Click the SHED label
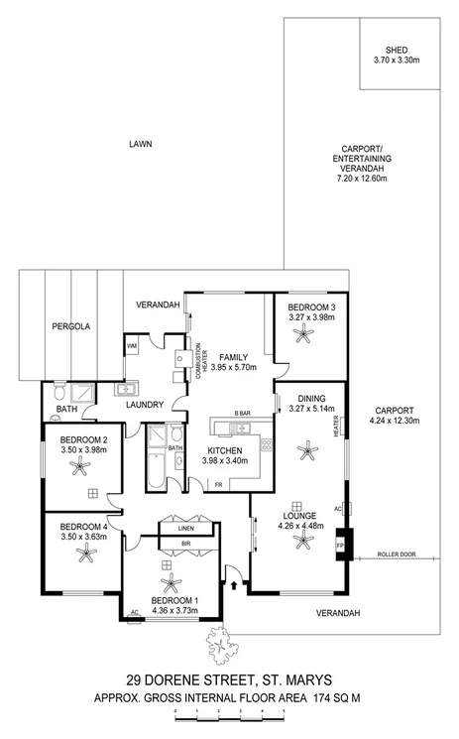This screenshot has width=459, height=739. (397, 50)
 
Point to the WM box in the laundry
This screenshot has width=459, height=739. (131, 345)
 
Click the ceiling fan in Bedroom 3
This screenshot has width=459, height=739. (310, 336)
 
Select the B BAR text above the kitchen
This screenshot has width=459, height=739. (241, 413)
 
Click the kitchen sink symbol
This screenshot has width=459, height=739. (238, 428)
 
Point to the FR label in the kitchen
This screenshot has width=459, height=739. (218, 484)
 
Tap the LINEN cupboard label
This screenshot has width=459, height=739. (185, 529)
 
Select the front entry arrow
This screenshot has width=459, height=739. (234, 586)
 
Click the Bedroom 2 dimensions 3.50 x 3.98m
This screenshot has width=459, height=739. (82, 449)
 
